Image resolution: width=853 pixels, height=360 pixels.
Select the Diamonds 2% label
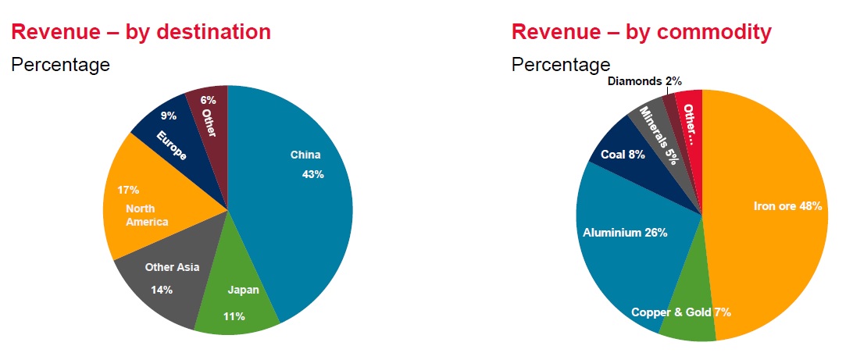[x=644, y=80]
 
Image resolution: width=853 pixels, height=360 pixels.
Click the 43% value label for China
[x=312, y=173]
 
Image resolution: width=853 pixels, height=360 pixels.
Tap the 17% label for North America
[x=129, y=190]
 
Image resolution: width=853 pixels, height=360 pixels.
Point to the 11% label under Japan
[x=234, y=316]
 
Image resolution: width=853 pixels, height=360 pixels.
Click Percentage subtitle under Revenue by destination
[x=60, y=65]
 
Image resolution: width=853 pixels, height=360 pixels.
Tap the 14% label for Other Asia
[x=162, y=290]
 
